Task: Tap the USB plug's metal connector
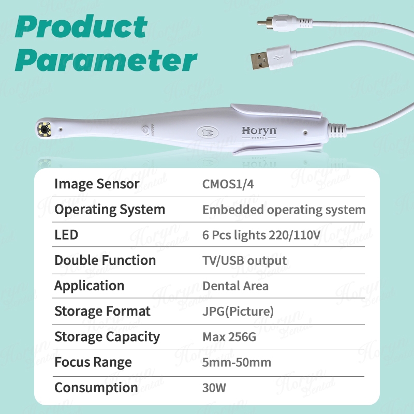click(260, 61)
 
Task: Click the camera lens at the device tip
click(45, 129)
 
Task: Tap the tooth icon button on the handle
click(208, 132)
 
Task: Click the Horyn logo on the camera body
click(259, 132)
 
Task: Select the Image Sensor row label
click(97, 184)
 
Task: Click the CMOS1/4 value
click(228, 184)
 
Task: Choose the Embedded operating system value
click(284, 210)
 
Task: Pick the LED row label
click(66, 235)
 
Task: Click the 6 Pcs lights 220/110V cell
click(261, 235)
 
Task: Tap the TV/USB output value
click(244, 261)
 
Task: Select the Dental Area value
click(235, 286)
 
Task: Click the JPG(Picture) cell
click(238, 312)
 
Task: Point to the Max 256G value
click(229, 337)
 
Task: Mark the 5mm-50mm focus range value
click(236, 363)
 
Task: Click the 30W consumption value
click(214, 388)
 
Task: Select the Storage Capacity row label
click(107, 337)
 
